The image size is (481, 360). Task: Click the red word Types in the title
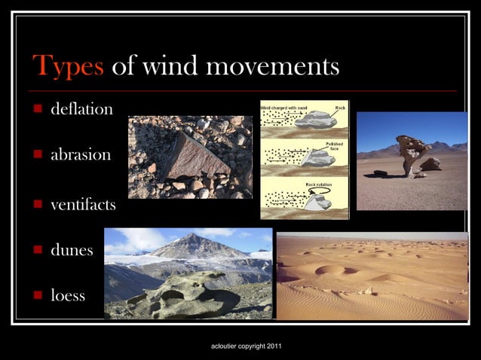pyautogui.click(x=68, y=68)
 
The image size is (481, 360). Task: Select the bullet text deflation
pyautogui.click(x=81, y=109)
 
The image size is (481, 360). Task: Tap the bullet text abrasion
pyautogui.click(x=81, y=155)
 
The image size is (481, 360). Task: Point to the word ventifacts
pyautogui.click(x=83, y=203)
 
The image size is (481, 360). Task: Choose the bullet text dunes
pyautogui.click(x=72, y=249)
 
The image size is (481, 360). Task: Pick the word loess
pyautogui.click(x=68, y=295)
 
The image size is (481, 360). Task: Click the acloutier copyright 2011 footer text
pyautogui.click(x=247, y=346)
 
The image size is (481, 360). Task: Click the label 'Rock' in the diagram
pyautogui.click(x=339, y=108)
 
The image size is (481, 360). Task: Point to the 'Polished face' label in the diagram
pyautogui.click(x=335, y=145)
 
